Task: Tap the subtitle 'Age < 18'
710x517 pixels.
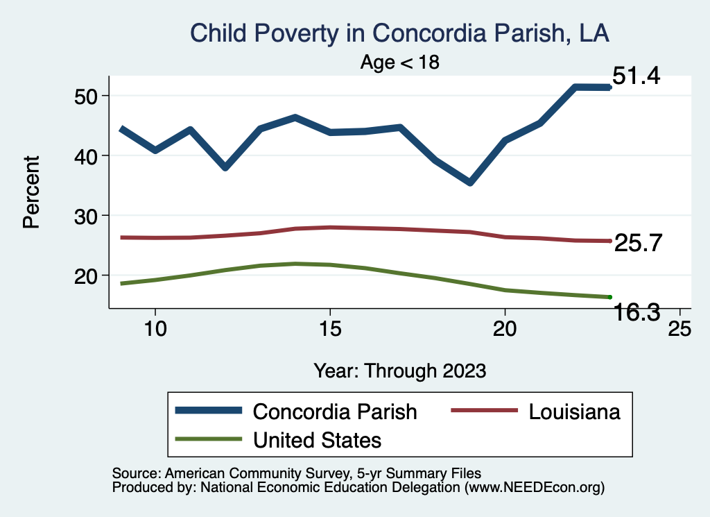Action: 400,62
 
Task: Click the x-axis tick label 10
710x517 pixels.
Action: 155,329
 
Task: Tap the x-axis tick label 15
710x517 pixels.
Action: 329,329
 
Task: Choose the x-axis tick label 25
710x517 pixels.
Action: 679,329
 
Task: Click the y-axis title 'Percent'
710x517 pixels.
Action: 31,192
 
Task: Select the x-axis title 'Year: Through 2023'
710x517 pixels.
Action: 399,370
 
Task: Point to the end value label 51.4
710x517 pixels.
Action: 636,76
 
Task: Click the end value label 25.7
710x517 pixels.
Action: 639,243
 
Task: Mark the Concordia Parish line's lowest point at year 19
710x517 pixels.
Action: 470,182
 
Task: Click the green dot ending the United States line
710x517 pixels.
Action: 609,297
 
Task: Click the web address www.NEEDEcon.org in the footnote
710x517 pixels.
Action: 534,488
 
